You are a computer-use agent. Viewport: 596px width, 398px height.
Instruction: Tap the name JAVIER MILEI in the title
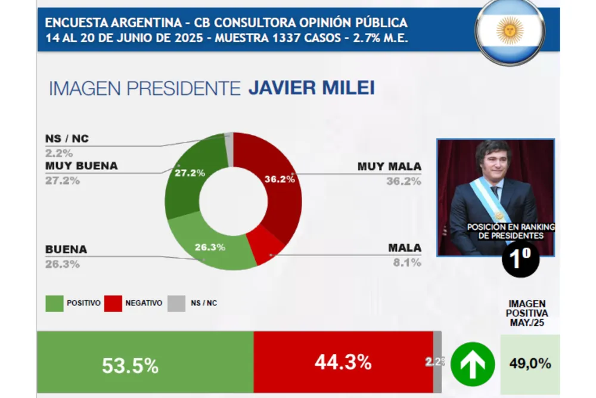tap(311, 88)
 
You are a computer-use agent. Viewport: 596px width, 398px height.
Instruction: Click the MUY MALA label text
tap(389, 166)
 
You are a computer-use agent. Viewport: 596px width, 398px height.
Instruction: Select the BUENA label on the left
tap(66, 249)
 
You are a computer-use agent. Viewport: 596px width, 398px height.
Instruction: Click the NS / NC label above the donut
tap(67, 138)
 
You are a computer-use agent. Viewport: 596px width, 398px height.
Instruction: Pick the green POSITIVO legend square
tap(54, 303)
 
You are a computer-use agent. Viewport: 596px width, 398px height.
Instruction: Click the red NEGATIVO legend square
tap(113, 303)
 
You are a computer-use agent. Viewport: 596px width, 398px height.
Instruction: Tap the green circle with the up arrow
tap(472, 364)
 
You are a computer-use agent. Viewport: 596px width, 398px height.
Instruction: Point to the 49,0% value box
tap(529, 363)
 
